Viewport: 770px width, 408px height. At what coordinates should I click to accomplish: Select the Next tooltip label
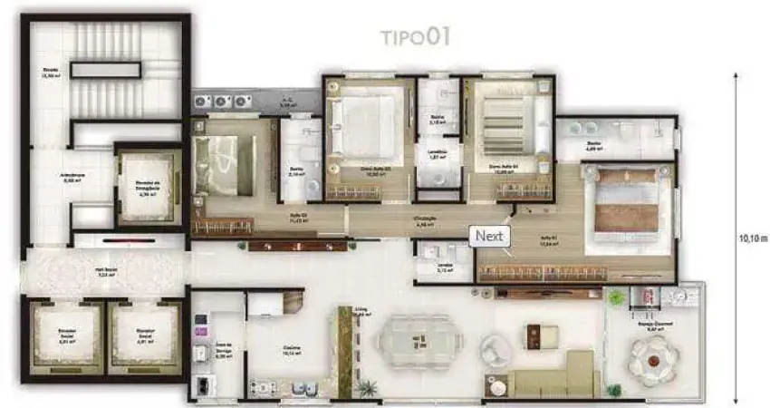click(x=491, y=236)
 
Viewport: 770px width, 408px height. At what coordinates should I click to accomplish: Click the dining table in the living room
click(x=419, y=342)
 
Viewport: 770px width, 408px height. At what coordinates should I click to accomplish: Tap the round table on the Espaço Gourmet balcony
click(x=654, y=358)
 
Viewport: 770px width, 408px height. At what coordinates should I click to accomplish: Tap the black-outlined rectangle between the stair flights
click(x=95, y=69)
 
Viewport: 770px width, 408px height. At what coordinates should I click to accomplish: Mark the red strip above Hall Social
click(x=118, y=243)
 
